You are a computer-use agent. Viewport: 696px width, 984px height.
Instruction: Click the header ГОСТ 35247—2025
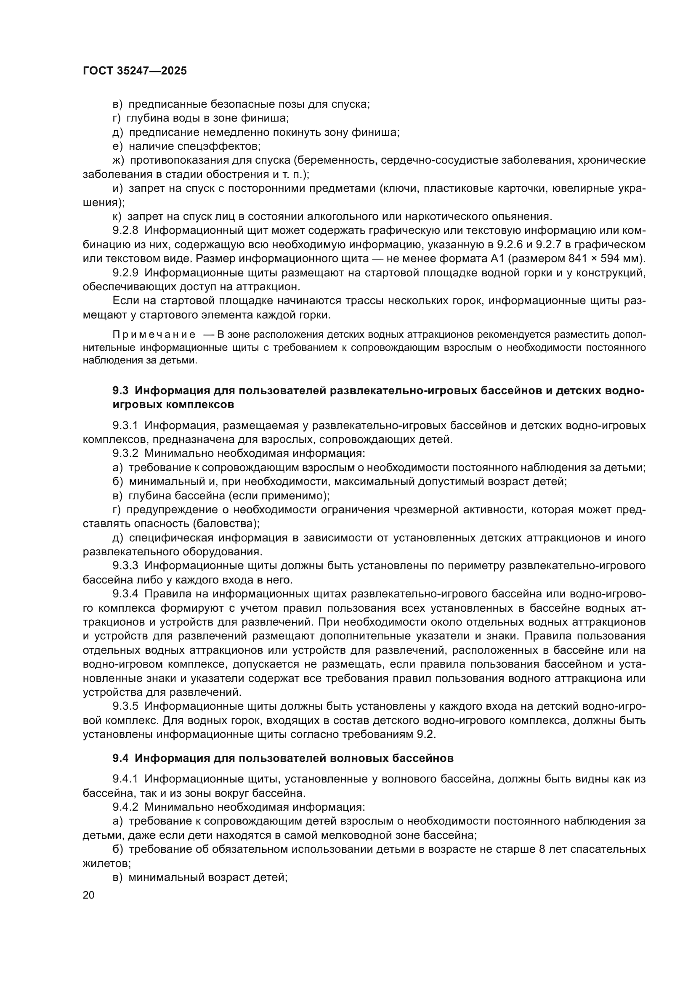tap(135, 71)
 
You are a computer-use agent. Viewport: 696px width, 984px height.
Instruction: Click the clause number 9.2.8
tap(125, 231)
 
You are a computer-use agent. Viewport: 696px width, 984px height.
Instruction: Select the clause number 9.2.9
tap(125, 273)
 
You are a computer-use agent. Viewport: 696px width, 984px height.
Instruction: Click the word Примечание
tap(154, 335)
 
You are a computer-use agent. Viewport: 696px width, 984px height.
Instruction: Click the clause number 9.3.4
tap(125, 594)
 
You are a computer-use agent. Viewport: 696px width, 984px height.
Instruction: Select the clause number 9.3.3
tap(125, 566)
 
